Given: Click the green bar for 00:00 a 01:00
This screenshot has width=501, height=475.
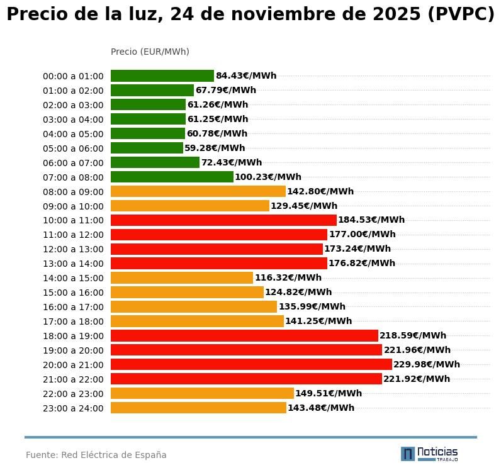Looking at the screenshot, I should tap(162, 76).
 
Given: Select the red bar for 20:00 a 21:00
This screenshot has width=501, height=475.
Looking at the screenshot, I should tap(251, 364).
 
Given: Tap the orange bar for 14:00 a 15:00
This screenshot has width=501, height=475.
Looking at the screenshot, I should tap(182, 278).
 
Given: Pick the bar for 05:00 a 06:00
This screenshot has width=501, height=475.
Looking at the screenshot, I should tap(147, 148).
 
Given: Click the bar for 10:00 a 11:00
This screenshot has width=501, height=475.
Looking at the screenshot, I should tap(223, 220).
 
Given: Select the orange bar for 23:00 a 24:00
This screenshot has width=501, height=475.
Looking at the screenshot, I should tap(198, 408).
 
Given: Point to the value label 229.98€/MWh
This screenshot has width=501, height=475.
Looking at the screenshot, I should tap(427, 364).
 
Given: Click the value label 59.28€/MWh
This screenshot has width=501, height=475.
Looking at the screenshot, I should tap(215, 148).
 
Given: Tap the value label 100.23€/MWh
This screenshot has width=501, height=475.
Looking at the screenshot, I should tap(268, 177).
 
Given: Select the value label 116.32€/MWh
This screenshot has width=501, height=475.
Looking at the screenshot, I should tap(288, 278).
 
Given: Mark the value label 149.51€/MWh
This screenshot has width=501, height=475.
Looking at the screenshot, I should tap(329, 394).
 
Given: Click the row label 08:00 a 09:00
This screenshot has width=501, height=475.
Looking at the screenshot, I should tap(73, 192).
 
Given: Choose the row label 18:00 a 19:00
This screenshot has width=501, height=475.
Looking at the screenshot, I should tap(73, 336).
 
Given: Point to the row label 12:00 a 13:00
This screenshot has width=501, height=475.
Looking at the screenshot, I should tap(73, 250).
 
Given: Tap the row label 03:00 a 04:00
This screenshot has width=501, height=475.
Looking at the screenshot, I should tap(73, 120).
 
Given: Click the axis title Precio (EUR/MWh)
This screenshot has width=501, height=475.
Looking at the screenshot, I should tap(150, 52).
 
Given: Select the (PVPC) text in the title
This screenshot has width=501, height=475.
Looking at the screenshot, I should tap(461, 15).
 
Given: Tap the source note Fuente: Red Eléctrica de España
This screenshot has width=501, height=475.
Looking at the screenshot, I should tap(96, 455).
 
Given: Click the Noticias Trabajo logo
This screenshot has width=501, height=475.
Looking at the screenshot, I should tap(429, 454).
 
